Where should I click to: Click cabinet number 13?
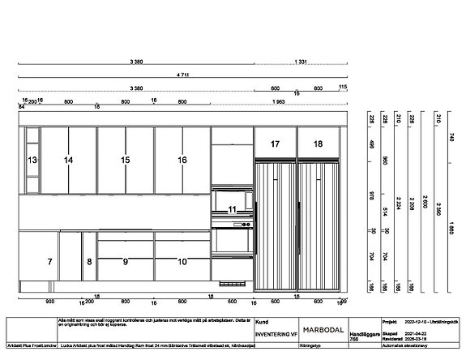click(x=32, y=161)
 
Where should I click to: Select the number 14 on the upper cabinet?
click(x=69, y=161)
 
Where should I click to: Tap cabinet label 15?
click(x=126, y=161)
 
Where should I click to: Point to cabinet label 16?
click(x=182, y=161)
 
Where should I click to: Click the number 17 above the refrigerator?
click(x=276, y=144)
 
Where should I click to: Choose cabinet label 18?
click(x=318, y=144)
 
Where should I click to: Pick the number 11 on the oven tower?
click(x=233, y=209)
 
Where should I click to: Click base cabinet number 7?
click(x=49, y=261)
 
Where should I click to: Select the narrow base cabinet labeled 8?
click(x=90, y=261)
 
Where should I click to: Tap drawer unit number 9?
click(x=126, y=261)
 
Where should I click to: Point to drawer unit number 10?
click(x=182, y=261)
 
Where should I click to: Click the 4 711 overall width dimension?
click(x=183, y=74)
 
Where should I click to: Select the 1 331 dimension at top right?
click(x=301, y=62)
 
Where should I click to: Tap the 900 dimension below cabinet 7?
click(x=49, y=300)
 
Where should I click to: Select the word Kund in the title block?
click(x=261, y=322)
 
